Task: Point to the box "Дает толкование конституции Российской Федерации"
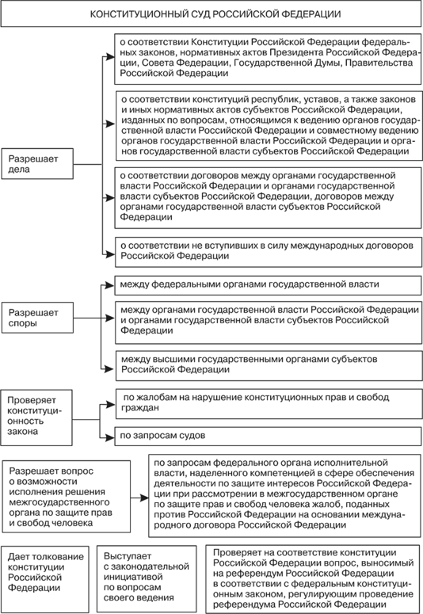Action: [46, 571]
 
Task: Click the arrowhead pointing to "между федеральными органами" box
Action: [110, 286]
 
